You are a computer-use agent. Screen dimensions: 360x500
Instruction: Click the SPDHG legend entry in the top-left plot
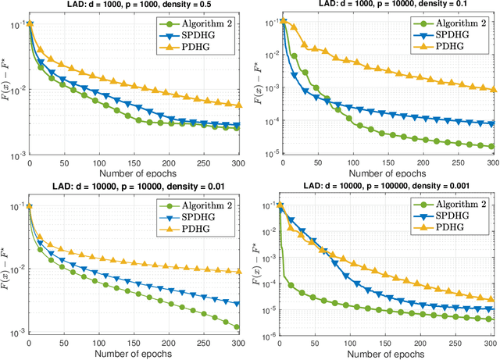coord(196,36)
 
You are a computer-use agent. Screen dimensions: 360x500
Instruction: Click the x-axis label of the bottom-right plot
coord(384,354)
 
